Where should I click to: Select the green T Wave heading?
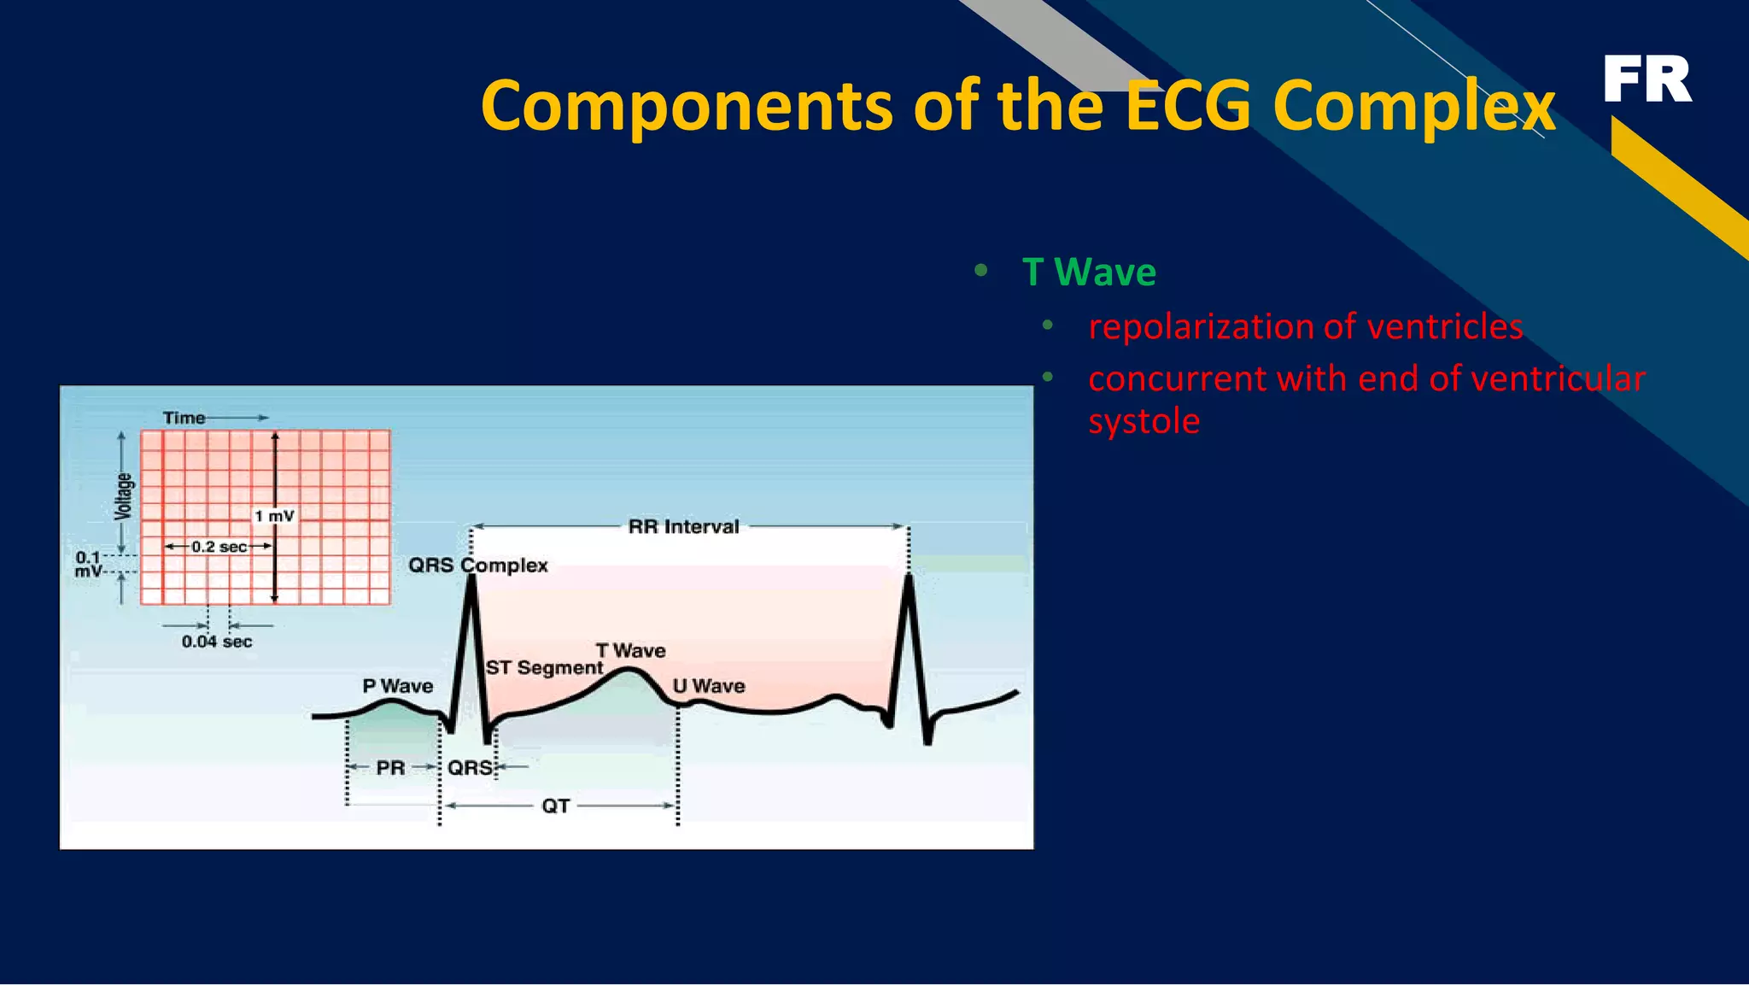pos(1089,273)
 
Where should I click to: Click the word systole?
pos(1144,421)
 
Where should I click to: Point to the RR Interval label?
pos(683,526)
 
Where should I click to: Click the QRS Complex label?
pos(477,565)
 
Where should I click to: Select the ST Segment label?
pos(544,667)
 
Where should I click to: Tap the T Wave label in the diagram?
pos(630,650)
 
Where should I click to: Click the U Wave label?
pos(708,686)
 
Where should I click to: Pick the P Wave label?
pos(397,686)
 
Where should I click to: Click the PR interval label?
pos(390,767)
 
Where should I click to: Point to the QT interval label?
pos(555,806)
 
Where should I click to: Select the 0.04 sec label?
pos(217,642)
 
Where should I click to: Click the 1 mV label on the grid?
pos(274,516)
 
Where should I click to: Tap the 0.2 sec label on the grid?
pos(219,547)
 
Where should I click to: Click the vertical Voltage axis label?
pos(124,495)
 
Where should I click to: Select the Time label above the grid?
pos(184,418)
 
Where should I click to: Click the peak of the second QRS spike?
pos(909,578)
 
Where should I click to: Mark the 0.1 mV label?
pos(89,564)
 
